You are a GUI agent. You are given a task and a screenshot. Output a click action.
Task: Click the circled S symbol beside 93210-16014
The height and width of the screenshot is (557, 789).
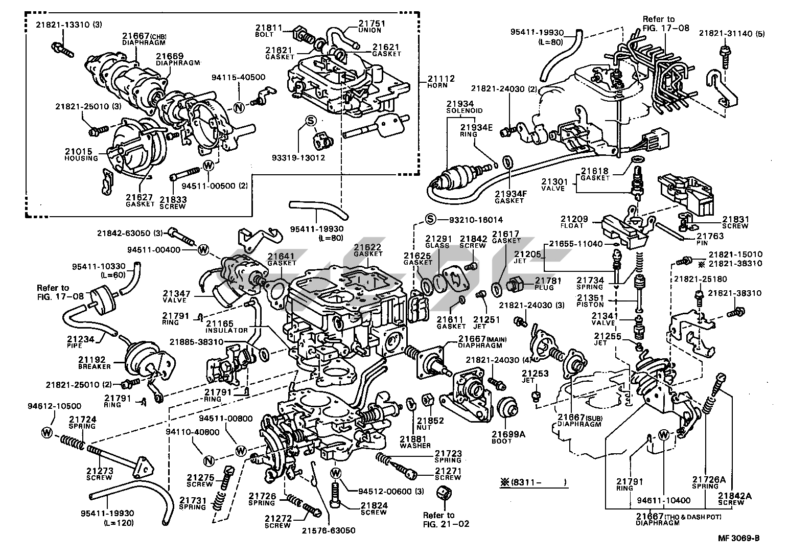(x=430, y=219)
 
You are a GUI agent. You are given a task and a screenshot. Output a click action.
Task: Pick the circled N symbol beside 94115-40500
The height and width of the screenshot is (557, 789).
(x=239, y=107)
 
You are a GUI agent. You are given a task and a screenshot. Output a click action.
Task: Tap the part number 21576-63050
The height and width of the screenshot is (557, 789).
(x=329, y=530)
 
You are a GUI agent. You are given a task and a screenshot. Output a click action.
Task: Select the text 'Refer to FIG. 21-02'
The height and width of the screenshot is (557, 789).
(x=446, y=520)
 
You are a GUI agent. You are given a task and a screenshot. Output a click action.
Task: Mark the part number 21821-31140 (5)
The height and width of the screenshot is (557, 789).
(x=732, y=33)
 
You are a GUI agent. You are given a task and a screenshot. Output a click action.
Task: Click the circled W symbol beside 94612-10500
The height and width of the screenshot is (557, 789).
(x=47, y=432)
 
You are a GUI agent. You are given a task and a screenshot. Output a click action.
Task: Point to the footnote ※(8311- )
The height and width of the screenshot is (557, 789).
(x=533, y=482)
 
